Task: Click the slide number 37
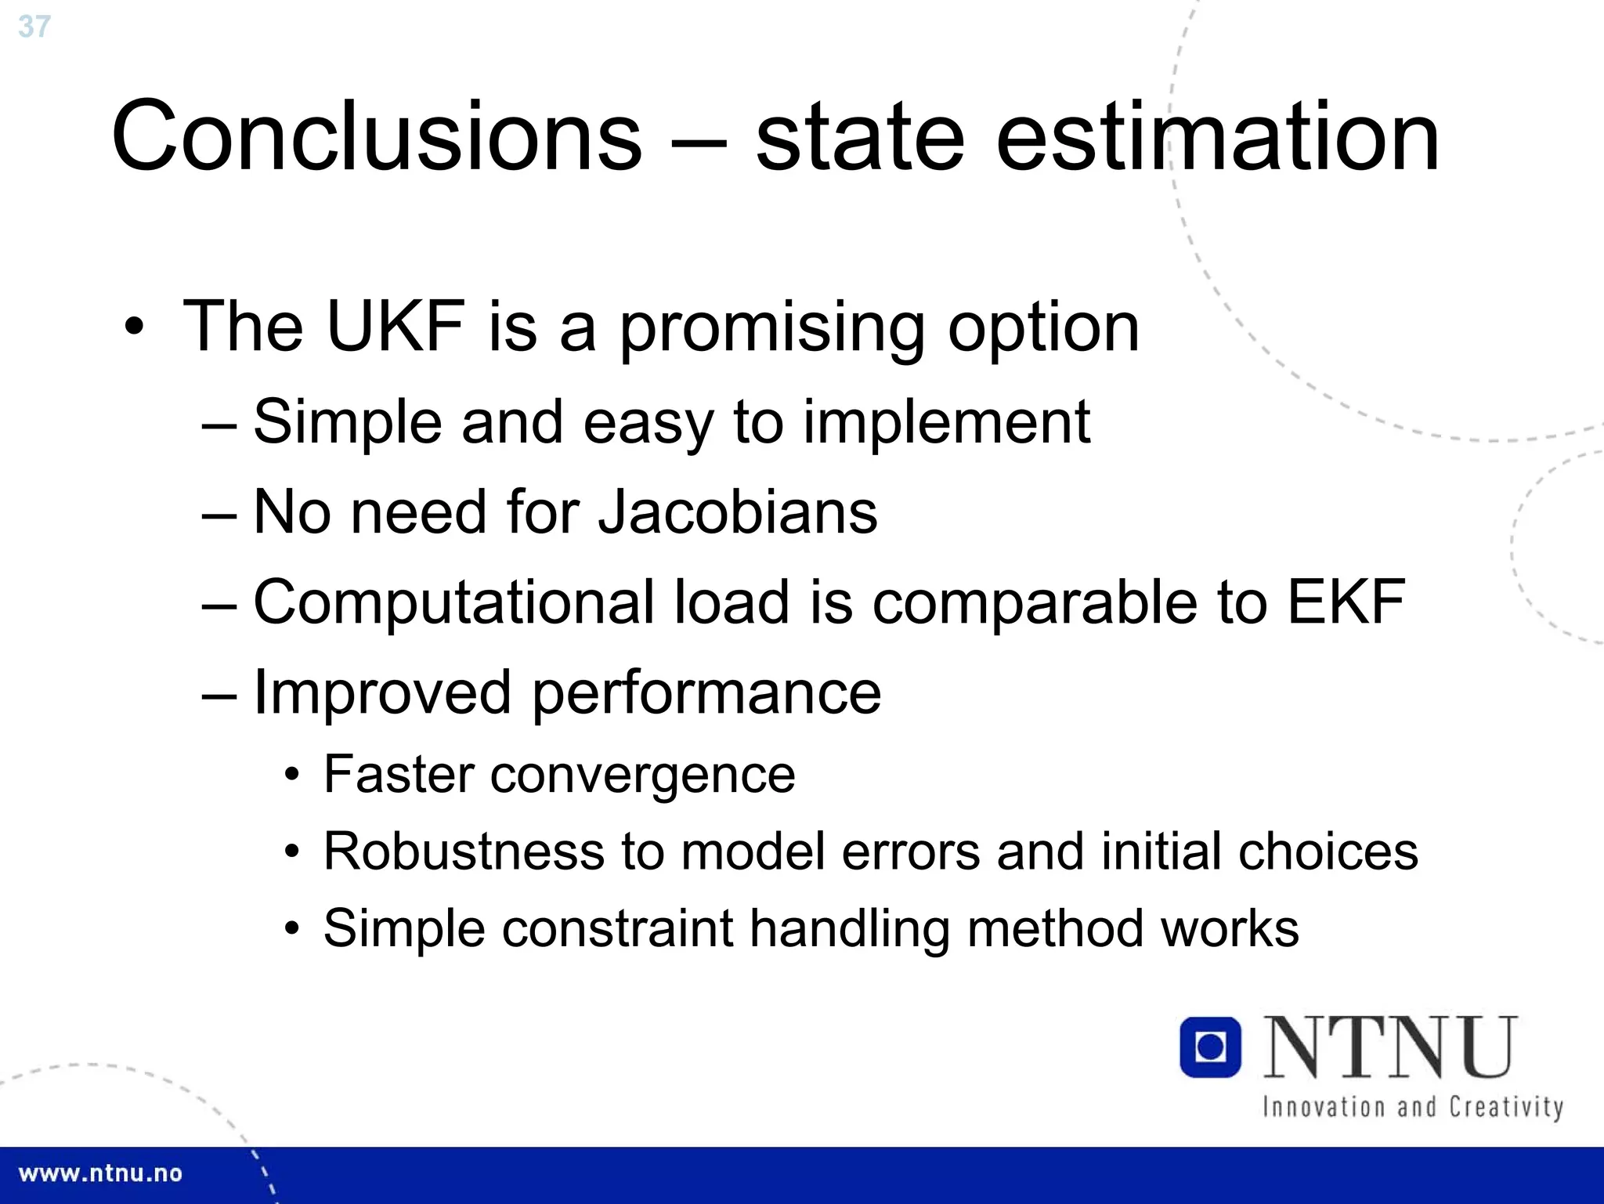pyautogui.click(x=34, y=27)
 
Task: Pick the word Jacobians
pyautogui.click(x=737, y=512)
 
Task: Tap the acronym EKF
pyautogui.click(x=1346, y=602)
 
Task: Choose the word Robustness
pyautogui.click(x=464, y=851)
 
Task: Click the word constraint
pyautogui.click(x=617, y=928)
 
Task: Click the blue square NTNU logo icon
pyautogui.click(x=1210, y=1047)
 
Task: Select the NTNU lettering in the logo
pyautogui.click(x=1390, y=1047)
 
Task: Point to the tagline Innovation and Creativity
pyautogui.click(x=1412, y=1107)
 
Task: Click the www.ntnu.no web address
pyautogui.click(x=100, y=1173)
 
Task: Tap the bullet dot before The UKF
pyautogui.click(x=134, y=327)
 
